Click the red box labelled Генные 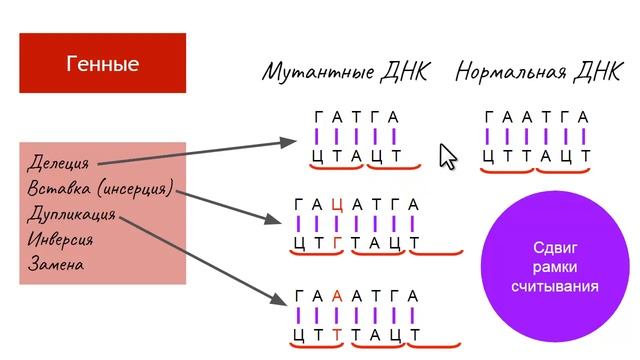pos(102,63)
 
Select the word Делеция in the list pos(58,162)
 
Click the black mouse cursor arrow pos(448,156)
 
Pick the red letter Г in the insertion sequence pos(337,243)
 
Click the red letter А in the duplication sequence pos(337,295)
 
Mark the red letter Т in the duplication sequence pos(337,333)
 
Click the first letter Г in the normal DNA pos(489,117)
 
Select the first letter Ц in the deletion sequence pos(318,156)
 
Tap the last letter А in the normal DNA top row pos(584,117)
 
